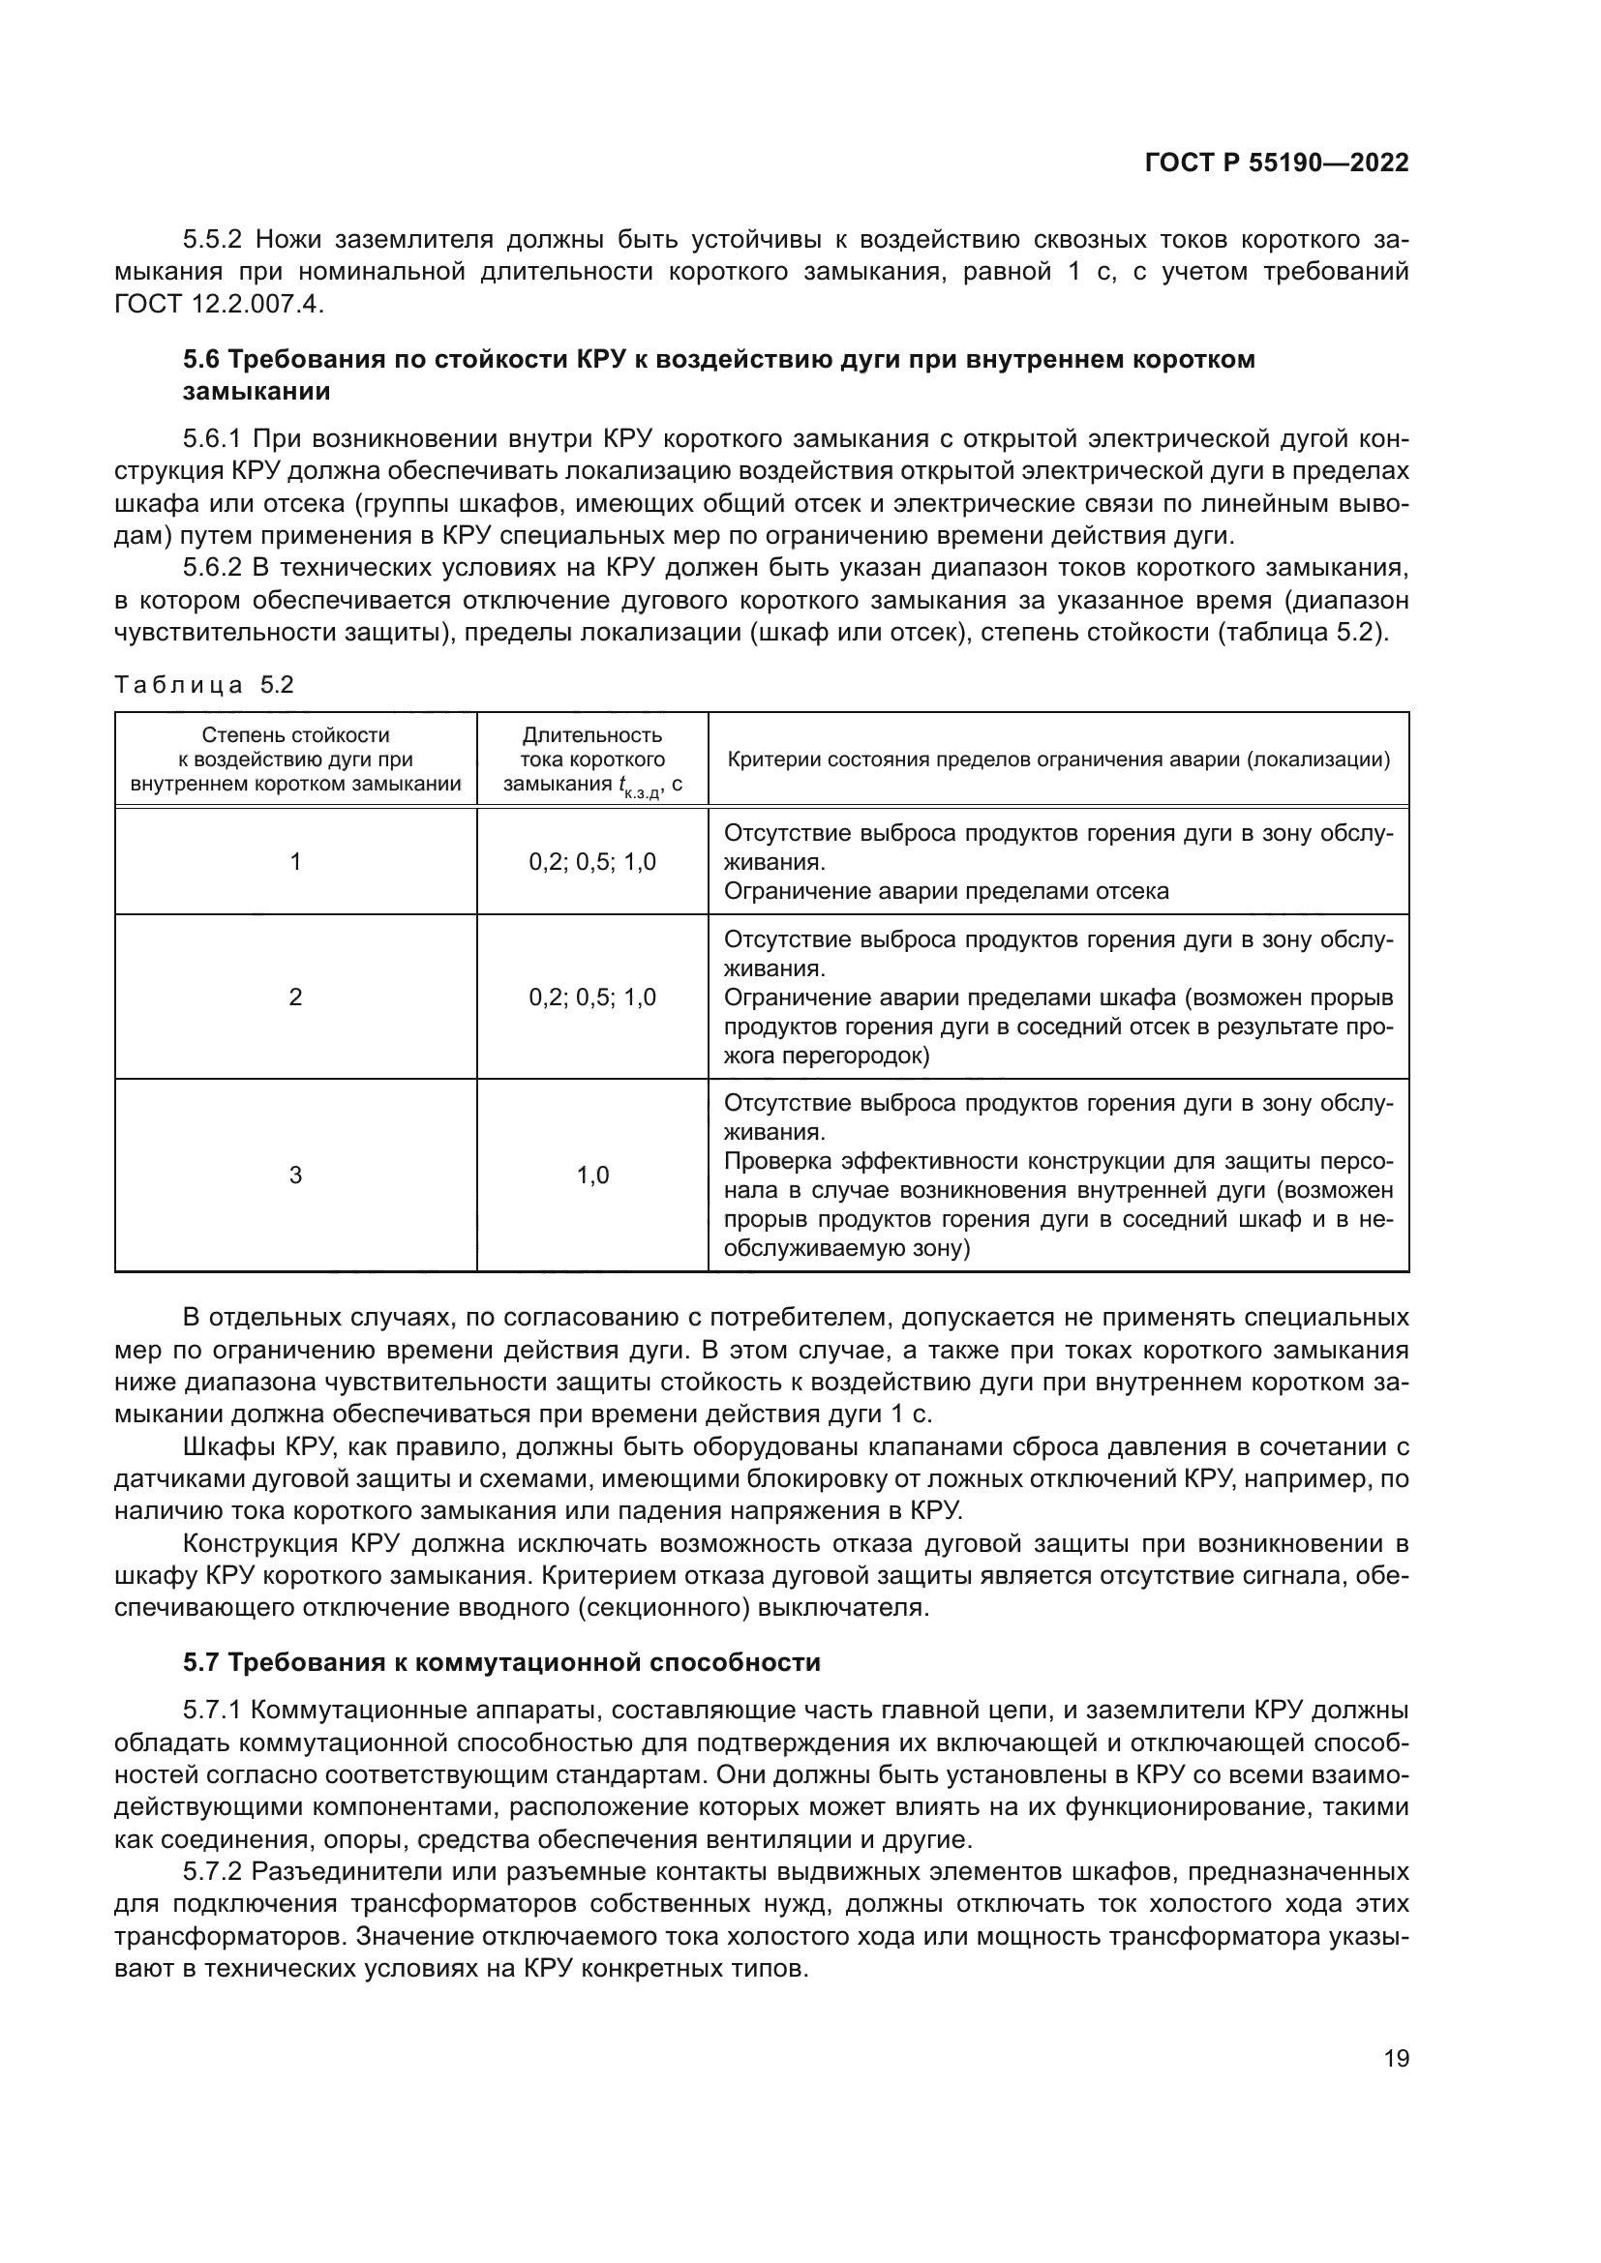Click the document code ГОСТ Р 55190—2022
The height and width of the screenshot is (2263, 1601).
[x=1276, y=164]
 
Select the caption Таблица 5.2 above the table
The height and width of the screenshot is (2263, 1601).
[x=205, y=685]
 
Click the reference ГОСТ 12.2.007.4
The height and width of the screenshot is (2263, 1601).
[x=219, y=304]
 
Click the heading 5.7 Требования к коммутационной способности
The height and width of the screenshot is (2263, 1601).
[x=501, y=1663]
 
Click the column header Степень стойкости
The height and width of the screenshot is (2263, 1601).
[x=296, y=735]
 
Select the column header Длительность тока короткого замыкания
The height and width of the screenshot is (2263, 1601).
[x=592, y=759]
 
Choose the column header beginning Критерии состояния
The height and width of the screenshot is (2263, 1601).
[x=1059, y=759]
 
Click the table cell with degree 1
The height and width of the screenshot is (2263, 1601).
[x=296, y=862]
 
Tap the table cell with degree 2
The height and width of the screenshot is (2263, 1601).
[x=296, y=998]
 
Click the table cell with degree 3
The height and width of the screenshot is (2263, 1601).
[x=296, y=1175]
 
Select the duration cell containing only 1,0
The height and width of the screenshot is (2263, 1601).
[x=592, y=1175]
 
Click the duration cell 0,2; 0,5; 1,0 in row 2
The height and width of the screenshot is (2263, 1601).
[x=592, y=998]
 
